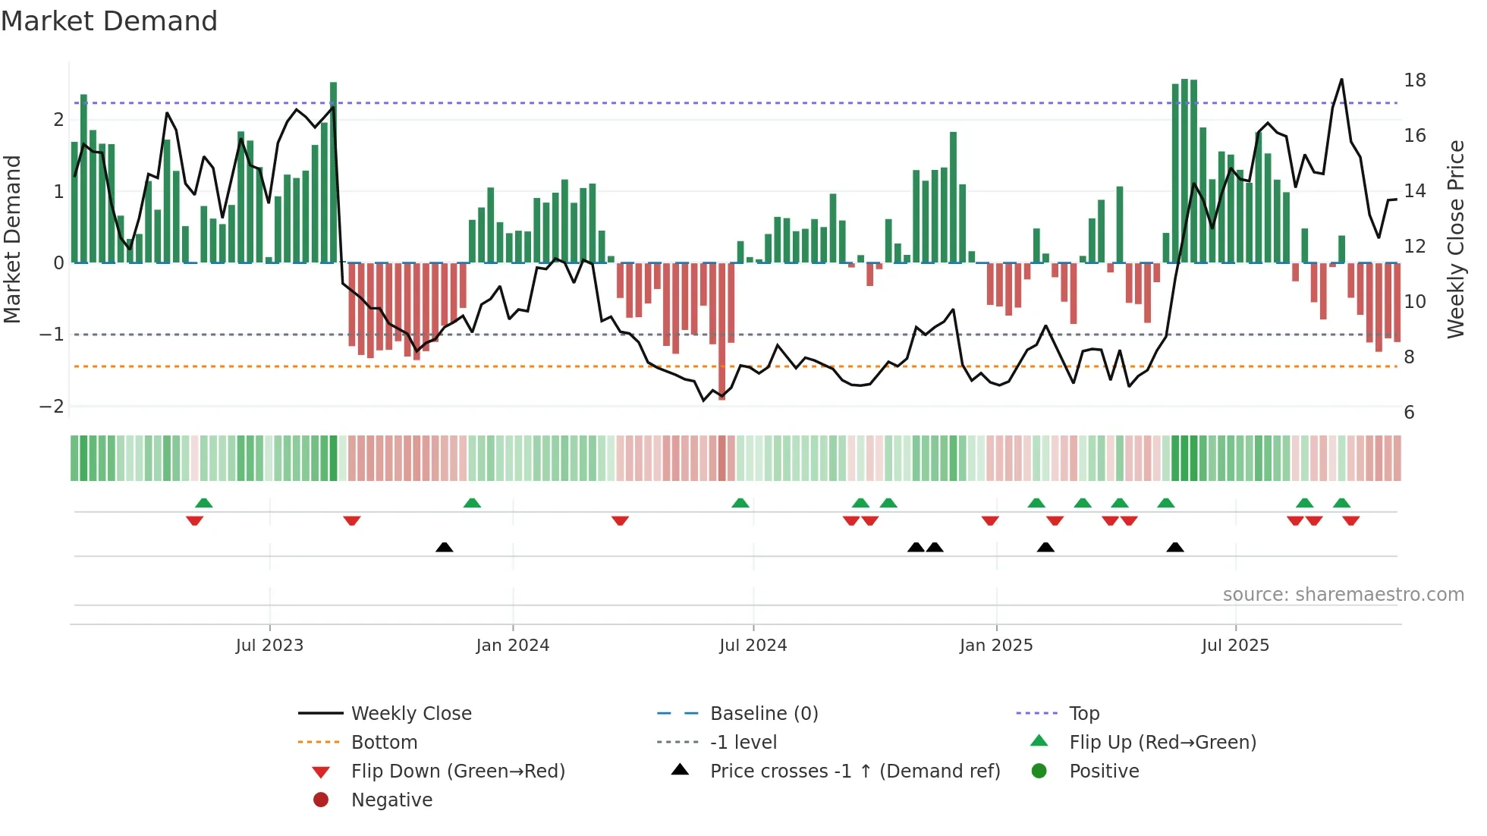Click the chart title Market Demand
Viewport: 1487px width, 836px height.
tap(109, 21)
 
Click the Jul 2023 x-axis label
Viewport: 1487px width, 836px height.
tap(269, 646)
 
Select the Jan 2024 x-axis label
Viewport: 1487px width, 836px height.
tap(512, 646)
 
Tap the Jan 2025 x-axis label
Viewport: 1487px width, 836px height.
tap(995, 646)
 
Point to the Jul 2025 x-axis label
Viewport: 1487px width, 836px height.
tap(1235, 646)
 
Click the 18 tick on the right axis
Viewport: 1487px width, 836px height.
tap(1414, 80)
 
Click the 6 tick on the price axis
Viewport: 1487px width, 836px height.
tap(1409, 413)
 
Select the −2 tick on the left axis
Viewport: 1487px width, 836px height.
tap(52, 407)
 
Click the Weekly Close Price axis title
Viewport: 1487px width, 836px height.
tap(1455, 239)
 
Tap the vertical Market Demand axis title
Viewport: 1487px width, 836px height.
tap(13, 239)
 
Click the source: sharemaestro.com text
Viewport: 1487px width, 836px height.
tap(1343, 595)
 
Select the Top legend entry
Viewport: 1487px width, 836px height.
tap(1083, 714)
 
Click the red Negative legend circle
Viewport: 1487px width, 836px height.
tap(321, 800)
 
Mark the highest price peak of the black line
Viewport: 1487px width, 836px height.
tap(1341, 80)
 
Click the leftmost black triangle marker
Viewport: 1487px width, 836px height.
tap(445, 547)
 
